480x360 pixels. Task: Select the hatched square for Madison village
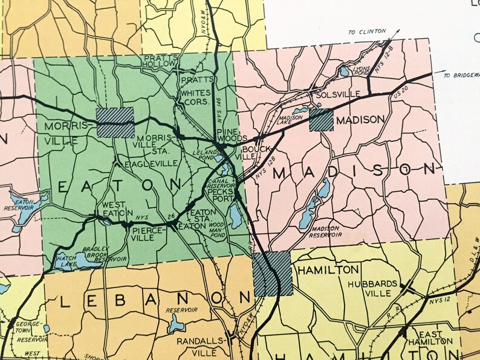[x=321, y=120]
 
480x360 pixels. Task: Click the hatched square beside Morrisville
[x=115, y=123]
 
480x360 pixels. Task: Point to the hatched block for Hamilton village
[x=273, y=274]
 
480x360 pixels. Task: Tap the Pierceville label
[x=143, y=233]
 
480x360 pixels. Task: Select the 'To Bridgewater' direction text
[x=461, y=76]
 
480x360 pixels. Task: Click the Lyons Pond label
[x=362, y=71]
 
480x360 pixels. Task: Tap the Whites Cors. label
[x=196, y=97]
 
